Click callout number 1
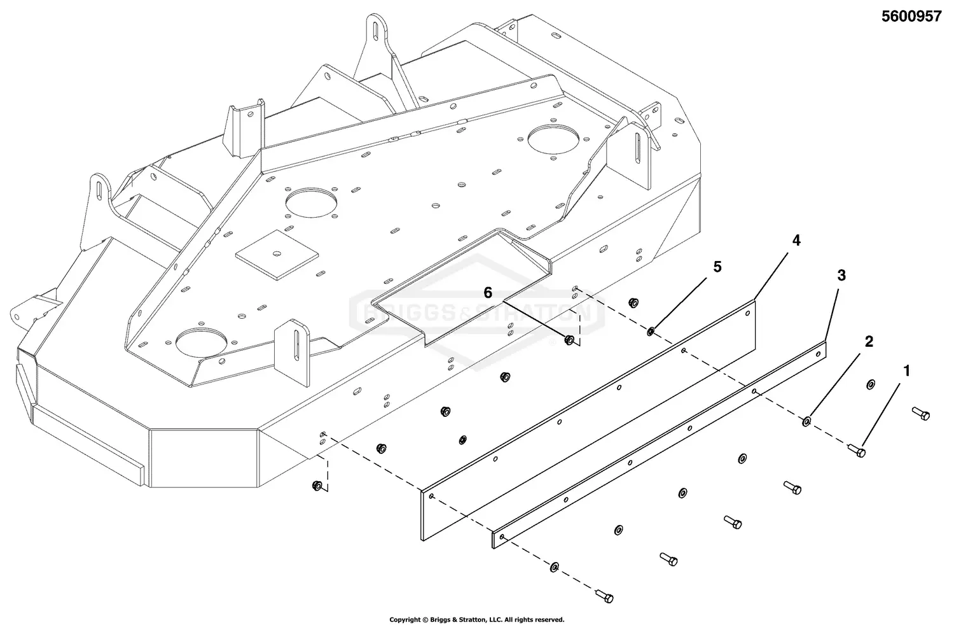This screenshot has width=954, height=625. point(907,370)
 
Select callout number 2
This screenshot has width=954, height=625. point(868,342)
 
